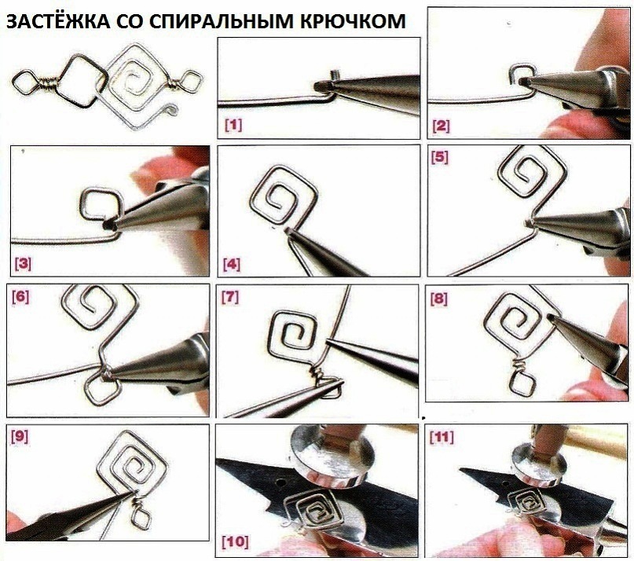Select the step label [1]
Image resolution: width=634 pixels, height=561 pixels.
(233, 125)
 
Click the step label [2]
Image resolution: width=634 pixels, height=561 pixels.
(441, 126)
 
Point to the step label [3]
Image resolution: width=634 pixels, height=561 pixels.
(23, 264)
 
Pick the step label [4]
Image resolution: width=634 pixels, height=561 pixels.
(232, 265)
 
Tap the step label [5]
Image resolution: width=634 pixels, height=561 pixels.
(440, 157)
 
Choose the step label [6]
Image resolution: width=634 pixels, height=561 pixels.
(20, 297)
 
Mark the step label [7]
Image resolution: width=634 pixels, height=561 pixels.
(230, 298)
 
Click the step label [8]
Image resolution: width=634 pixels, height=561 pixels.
(439, 299)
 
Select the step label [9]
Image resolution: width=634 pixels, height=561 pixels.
(20, 436)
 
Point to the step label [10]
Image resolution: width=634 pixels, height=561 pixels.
(236, 541)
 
